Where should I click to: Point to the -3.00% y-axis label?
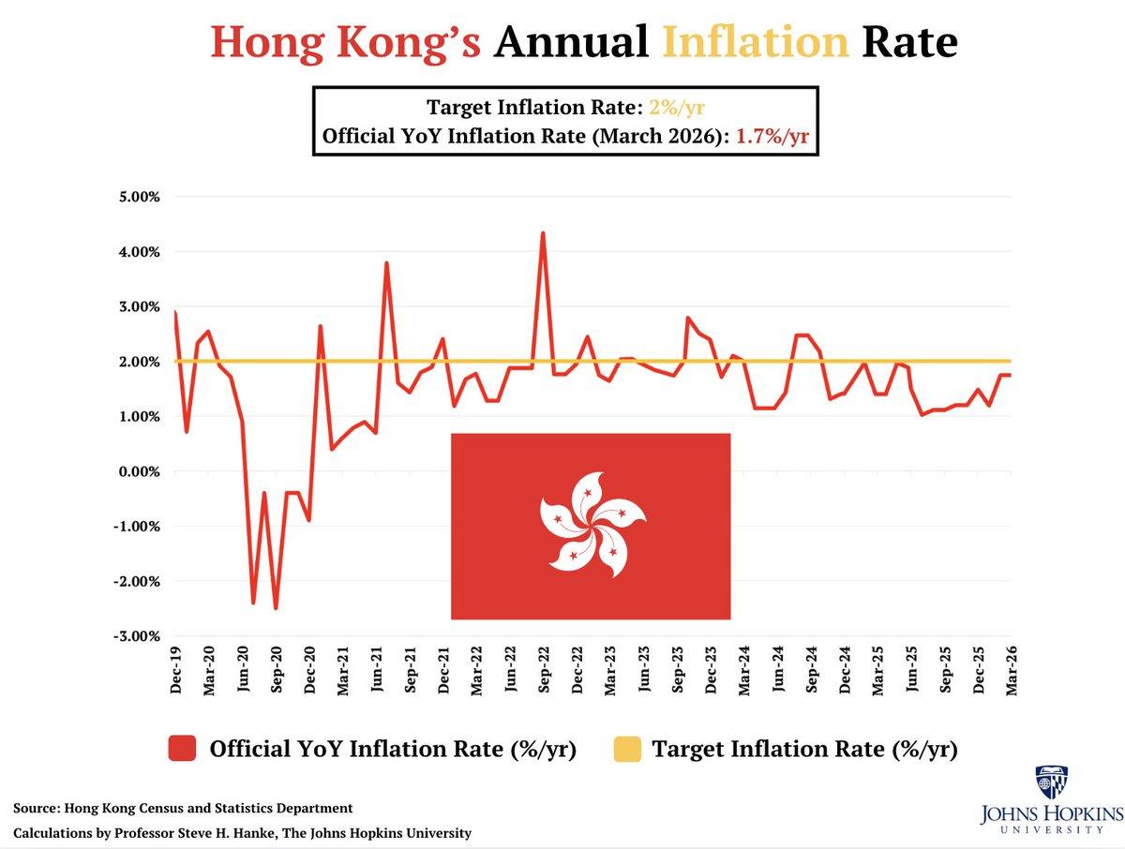pos(137,636)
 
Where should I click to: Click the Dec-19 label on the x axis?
pos(176,670)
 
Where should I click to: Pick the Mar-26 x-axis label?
pos(1012,670)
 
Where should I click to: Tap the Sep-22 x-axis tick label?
pos(544,670)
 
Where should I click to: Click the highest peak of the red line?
pos(543,233)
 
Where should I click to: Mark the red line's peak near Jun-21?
pos(386,263)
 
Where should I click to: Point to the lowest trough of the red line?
pos(276,608)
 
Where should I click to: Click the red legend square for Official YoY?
pos(182,749)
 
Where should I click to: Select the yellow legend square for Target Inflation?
pos(627,749)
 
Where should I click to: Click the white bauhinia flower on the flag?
pos(591,528)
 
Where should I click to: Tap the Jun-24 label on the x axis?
pos(777,670)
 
